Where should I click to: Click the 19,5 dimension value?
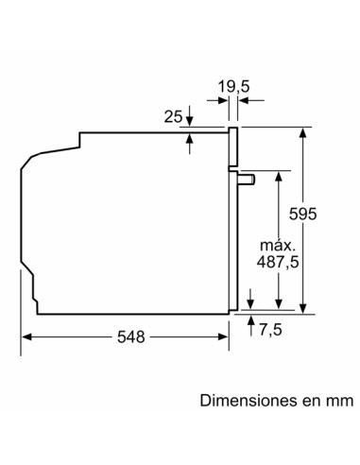coord(231,87)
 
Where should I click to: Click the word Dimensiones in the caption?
coord(246,402)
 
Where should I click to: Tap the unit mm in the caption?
coord(336,402)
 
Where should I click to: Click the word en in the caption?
coord(308,402)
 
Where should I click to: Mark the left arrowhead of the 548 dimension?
coord(26,336)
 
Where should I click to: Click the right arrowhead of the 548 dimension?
coord(224,336)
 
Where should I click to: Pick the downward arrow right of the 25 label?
coord(191,121)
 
